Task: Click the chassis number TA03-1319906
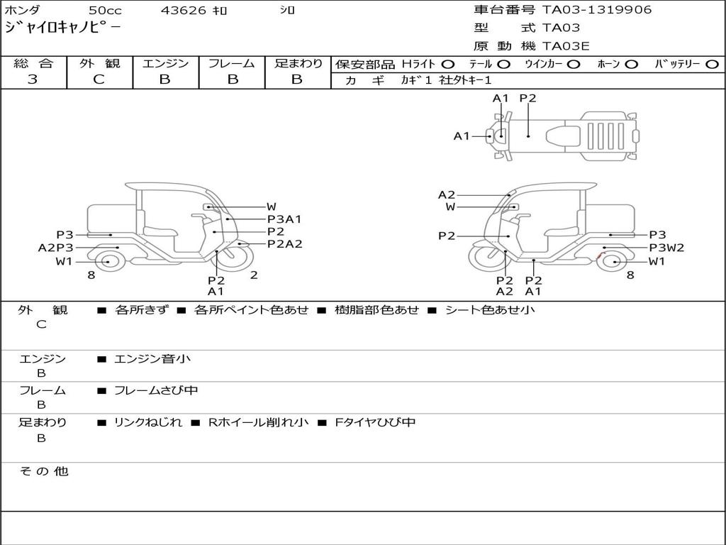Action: (x=597, y=10)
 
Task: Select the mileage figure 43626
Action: (x=183, y=10)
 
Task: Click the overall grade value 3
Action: (x=33, y=79)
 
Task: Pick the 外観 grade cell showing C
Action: (x=99, y=79)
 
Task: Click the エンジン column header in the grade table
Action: (x=165, y=63)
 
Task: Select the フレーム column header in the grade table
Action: (x=232, y=63)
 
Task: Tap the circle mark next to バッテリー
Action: (x=713, y=65)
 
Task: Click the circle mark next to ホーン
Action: (x=631, y=65)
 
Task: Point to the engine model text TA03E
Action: (x=566, y=46)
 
